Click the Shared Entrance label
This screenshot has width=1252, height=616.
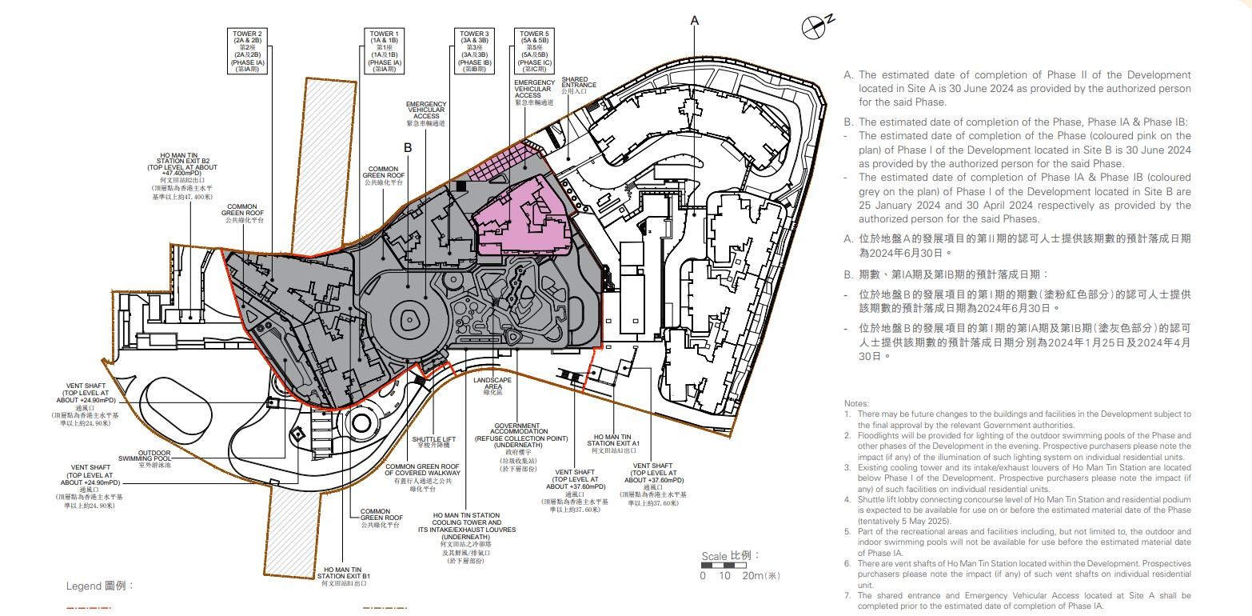coord(579,86)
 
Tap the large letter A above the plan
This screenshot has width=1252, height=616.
coord(694,21)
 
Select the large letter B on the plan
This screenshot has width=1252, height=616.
coord(407,148)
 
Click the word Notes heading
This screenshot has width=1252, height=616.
coord(857,403)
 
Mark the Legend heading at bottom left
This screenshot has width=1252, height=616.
coord(99,586)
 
